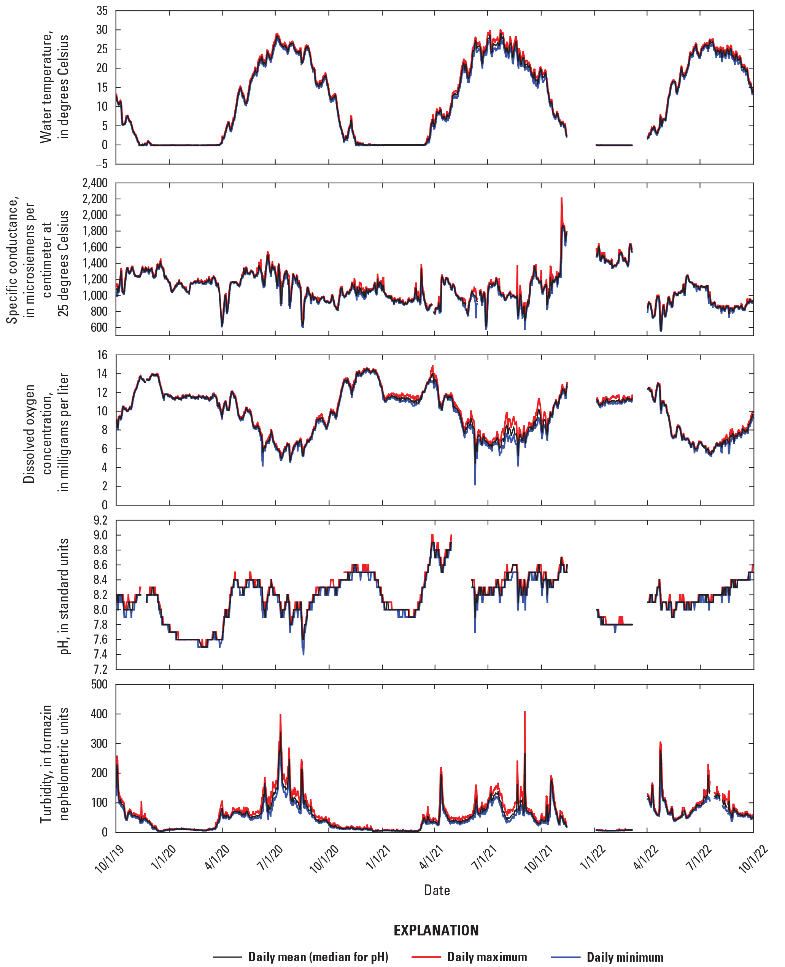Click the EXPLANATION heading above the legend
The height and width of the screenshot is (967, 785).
click(x=436, y=930)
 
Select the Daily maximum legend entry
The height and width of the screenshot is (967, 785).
click(x=486, y=957)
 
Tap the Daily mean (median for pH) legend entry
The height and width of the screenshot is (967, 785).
click(x=318, y=957)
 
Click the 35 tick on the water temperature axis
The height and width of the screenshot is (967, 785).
click(x=102, y=11)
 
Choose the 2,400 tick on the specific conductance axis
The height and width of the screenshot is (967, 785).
click(x=95, y=183)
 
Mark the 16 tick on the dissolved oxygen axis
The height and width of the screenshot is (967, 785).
click(x=103, y=355)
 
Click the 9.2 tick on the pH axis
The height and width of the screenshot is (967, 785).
click(x=101, y=520)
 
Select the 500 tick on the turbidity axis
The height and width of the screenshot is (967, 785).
click(x=100, y=684)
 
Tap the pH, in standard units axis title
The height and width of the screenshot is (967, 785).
click(x=64, y=596)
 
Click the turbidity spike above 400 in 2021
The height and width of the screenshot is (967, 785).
click(x=524, y=713)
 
